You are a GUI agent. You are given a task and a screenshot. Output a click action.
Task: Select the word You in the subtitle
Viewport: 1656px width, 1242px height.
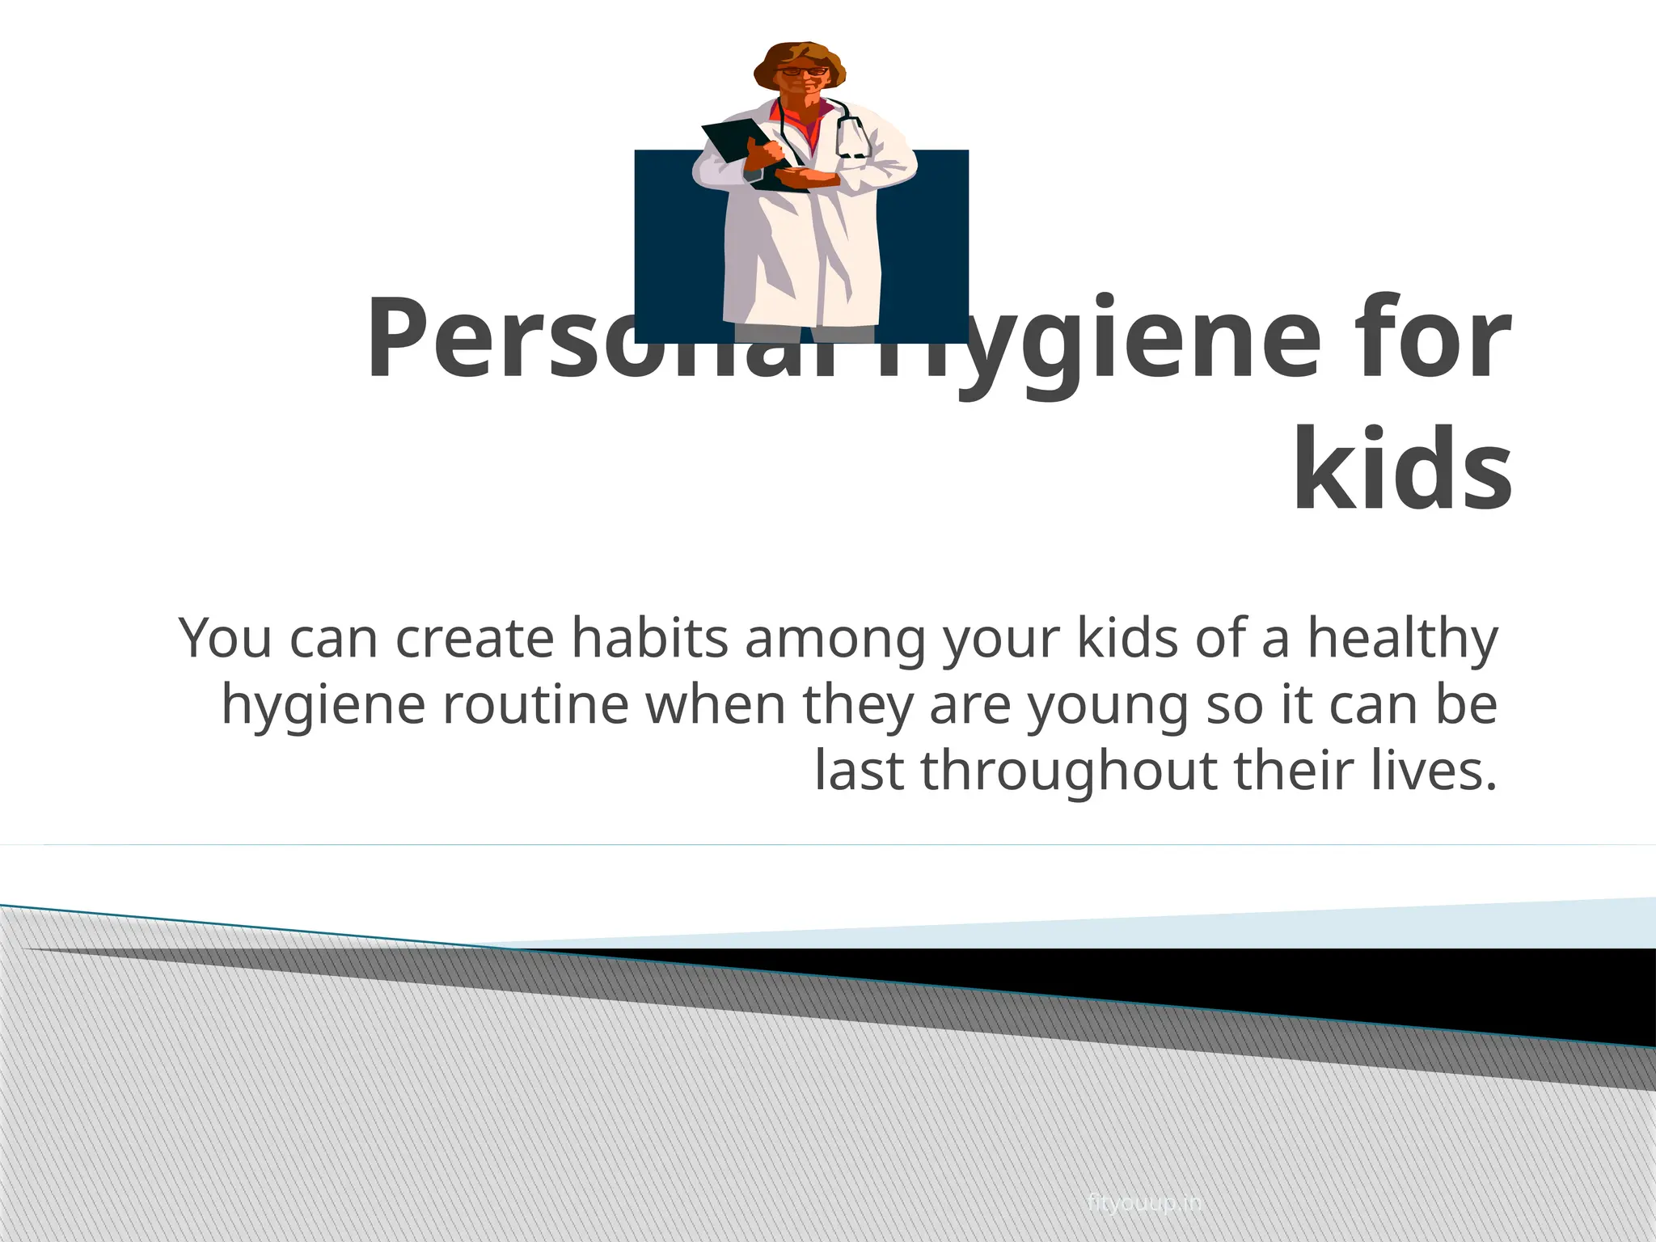226,638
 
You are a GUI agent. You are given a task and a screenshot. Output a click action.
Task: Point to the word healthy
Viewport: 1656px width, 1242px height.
1403,640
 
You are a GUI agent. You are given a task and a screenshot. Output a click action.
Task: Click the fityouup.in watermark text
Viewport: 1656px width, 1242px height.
1145,1203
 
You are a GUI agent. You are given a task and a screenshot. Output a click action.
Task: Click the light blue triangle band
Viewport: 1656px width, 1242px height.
1375,926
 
